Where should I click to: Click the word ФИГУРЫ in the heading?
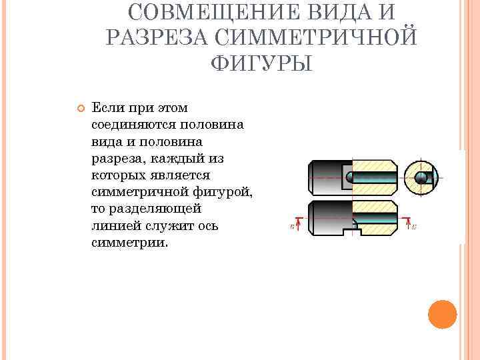tap(261, 63)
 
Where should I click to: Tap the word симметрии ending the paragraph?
tap(129, 243)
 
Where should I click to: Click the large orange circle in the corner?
tap(441, 314)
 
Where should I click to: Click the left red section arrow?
tap(298, 224)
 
